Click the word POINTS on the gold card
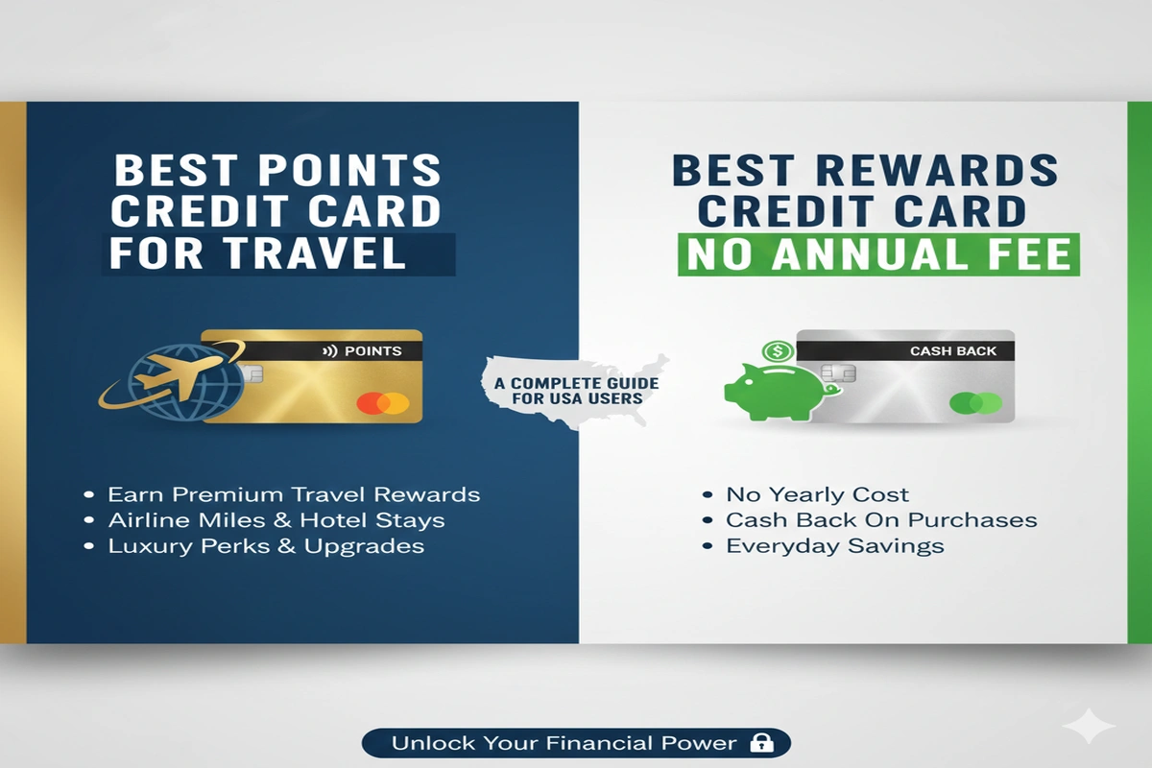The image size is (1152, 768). click(x=373, y=350)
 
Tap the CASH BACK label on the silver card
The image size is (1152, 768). click(x=953, y=351)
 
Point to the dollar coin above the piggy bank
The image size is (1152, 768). click(x=777, y=352)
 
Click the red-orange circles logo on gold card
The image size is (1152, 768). click(x=382, y=403)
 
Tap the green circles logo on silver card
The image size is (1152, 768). click(x=975, y=403)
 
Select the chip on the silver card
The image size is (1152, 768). click(x=837, y=373)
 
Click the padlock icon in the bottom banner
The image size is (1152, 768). click(x=762, y=743)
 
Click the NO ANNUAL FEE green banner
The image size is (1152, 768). click(x=878, y=253)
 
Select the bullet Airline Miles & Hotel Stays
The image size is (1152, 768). click(x=276, y=520)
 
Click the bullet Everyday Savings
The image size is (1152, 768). click(x=834, y=545)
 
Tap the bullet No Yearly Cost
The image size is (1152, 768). click(x=816, y=495)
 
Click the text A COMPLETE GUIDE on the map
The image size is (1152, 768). click(x=577, y=382)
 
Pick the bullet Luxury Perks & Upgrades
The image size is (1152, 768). click(x=265, y=545)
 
